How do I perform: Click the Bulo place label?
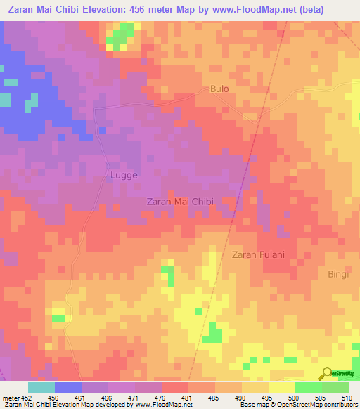(x=220, y=89)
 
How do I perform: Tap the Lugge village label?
(x=123, y=175)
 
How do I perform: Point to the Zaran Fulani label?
(x=258, y=254)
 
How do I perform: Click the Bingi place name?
(x=337, y=274)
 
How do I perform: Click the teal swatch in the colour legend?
(x=41, y=387)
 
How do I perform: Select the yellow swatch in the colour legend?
(x=281, y=387)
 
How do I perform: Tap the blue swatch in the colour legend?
(x=67, y=387)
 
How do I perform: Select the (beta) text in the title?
(x=338, y=9)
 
